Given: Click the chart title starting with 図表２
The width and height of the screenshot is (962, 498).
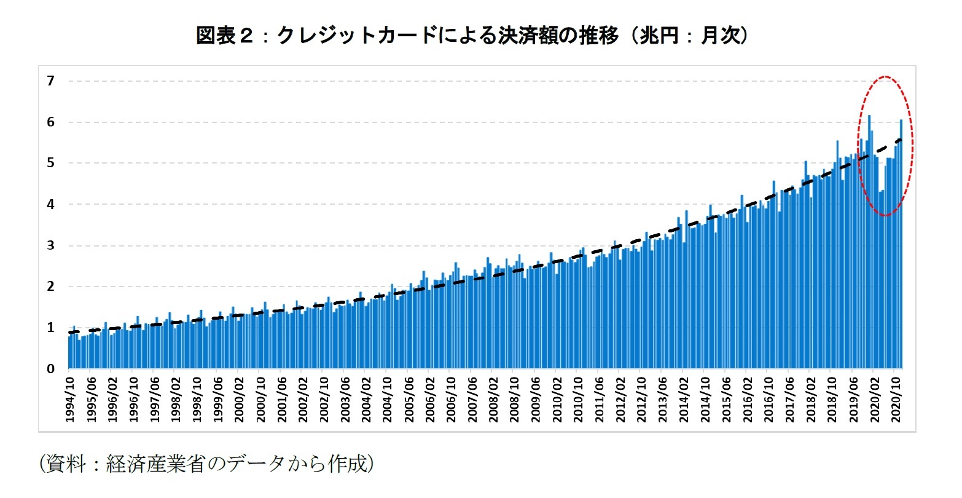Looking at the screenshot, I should coord(472,36).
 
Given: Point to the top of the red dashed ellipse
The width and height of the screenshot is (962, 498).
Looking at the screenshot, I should coord(885,77).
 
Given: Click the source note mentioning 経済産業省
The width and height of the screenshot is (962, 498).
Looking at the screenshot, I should coord(206,464).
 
